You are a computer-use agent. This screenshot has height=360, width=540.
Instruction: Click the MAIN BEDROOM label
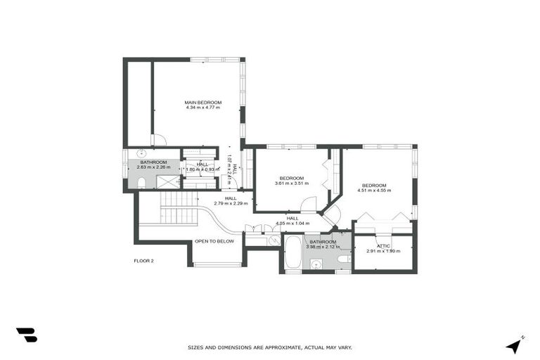tap(203, 103)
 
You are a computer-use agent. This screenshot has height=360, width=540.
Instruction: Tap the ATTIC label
tap(383, 246)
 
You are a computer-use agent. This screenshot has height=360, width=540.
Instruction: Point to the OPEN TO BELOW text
tap(214, 241)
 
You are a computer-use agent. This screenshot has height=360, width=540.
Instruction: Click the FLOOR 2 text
tap(143, 261)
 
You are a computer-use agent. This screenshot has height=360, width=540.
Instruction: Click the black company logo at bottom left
tap(26, 335)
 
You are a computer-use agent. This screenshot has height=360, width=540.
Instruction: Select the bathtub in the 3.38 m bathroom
tap(292, 253)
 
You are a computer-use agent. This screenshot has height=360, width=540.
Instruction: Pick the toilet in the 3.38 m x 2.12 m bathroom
tap(342, 259)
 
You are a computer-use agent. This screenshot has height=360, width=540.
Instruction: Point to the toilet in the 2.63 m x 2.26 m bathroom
tap(141, 184)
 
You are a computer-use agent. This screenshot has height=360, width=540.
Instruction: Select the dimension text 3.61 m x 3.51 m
tap(291, 183)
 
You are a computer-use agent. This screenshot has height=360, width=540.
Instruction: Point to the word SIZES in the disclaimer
tap(195, 347)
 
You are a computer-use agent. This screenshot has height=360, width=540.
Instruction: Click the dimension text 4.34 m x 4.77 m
tap(203, 108)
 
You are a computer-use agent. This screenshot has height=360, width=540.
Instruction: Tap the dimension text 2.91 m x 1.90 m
tap(383, 251)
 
